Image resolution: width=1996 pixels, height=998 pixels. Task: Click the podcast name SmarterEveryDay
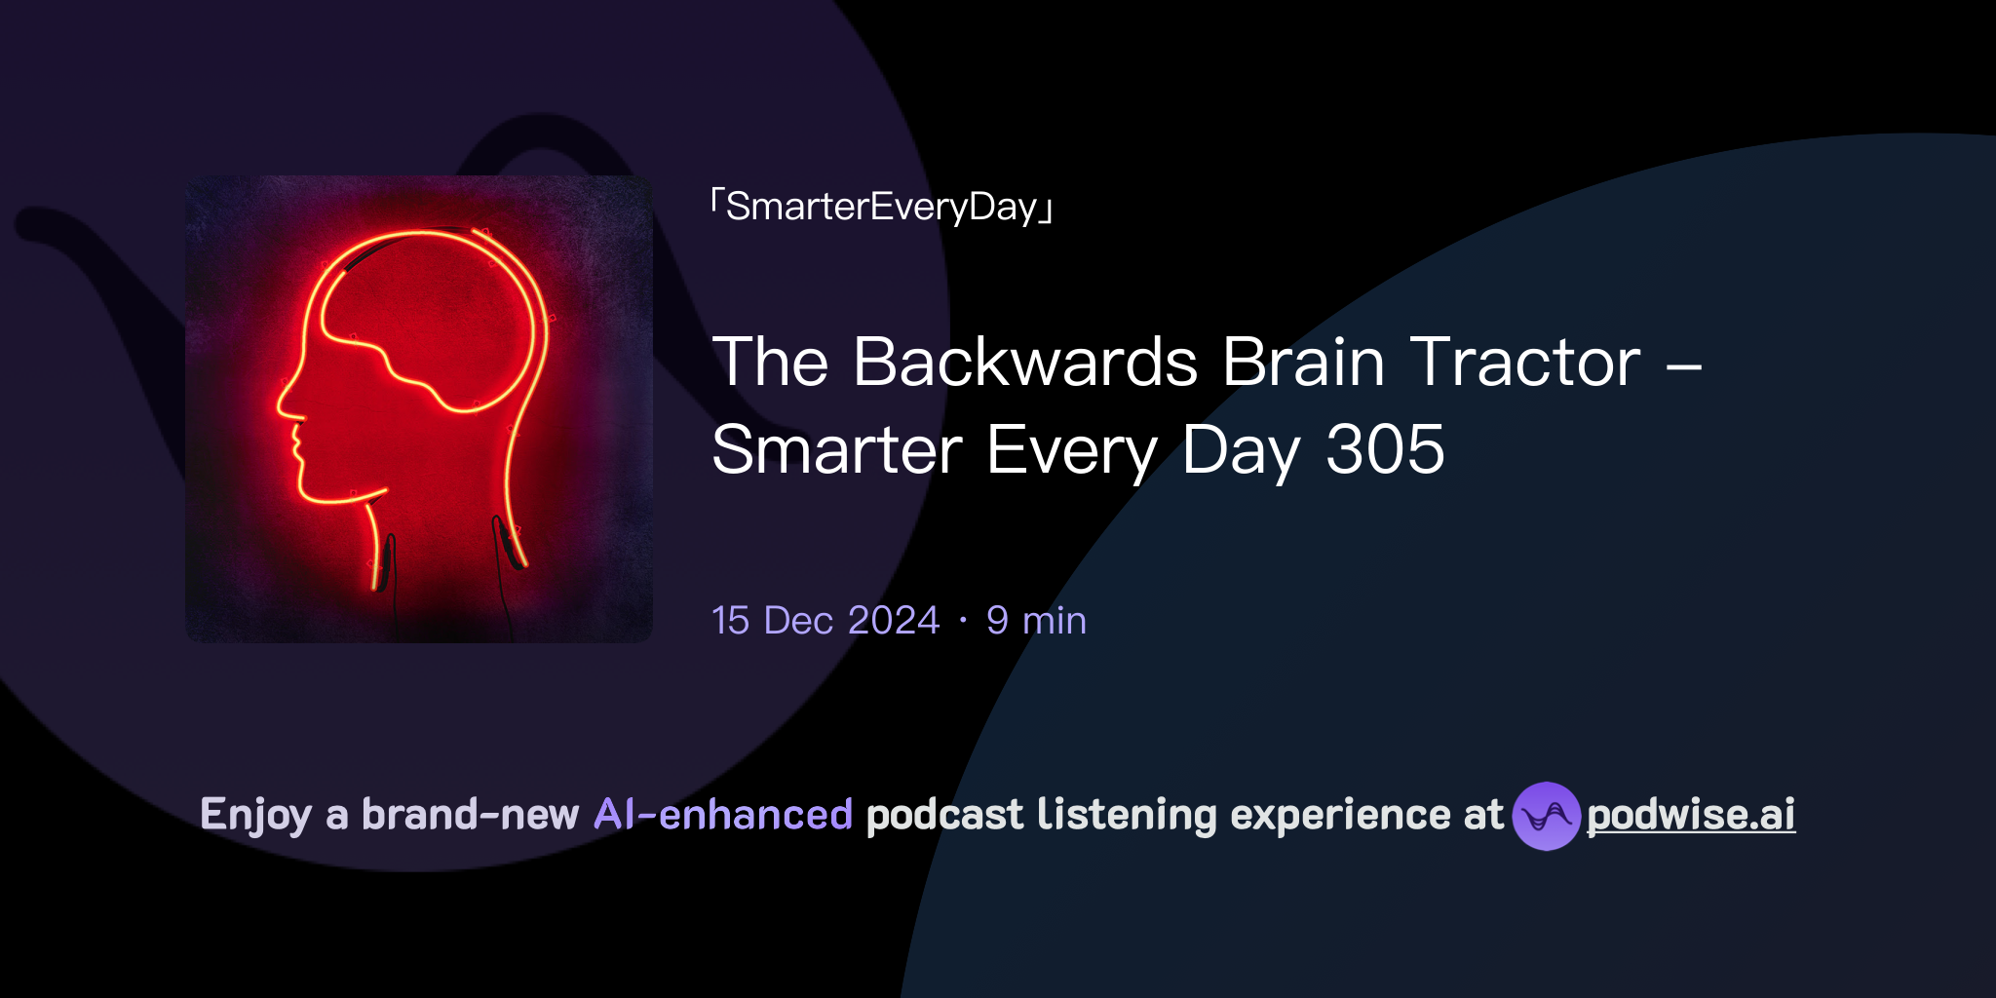click(x=882, y=207)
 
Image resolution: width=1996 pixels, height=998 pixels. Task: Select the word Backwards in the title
click(x=1025, y=363)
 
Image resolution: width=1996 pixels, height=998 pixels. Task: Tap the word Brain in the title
click(x=1303, y=363)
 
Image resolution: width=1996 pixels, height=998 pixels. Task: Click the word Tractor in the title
click(x=1525, y=363)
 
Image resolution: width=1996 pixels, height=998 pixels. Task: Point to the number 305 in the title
click(x=1385, y=450)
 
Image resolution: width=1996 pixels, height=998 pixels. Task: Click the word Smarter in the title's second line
click(x=837, y=450)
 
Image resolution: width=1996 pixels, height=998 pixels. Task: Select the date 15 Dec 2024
click(x=825, y=621)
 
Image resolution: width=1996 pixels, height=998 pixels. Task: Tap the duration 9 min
click(x=1036, y=621)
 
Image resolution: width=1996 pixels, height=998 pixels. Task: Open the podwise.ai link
click(x=1691, y=815)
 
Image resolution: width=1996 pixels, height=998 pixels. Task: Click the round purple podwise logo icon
click(x=1546, y=816)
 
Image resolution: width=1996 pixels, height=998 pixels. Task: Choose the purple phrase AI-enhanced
click(x=723, y=815)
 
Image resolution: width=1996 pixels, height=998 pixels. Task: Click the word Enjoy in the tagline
click(x=255, y=816)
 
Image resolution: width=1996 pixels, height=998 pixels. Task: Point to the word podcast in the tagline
click(x=944, y=815)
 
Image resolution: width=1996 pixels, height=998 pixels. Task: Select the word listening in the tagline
click(x=1127, y=815)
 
